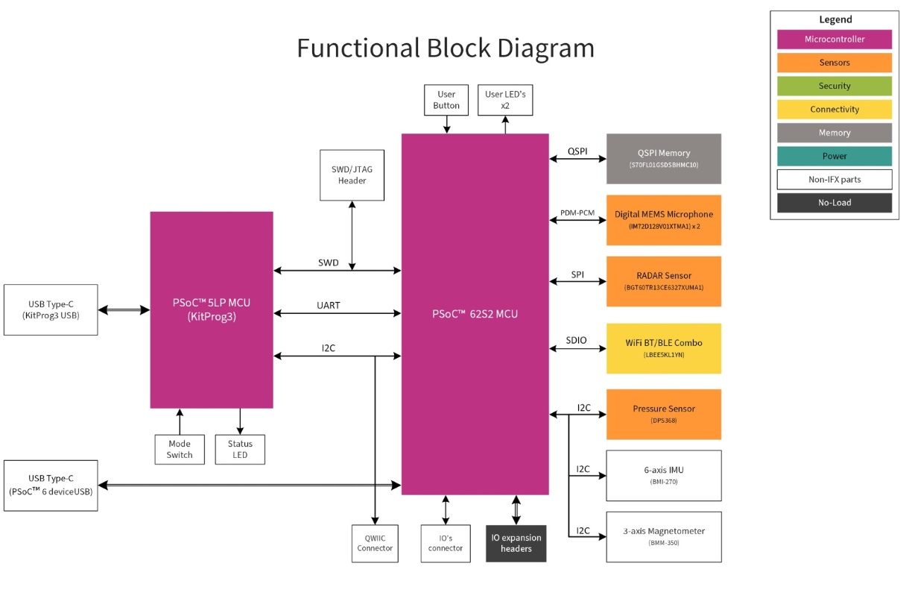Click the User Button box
pos(446,100)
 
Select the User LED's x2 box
pos(505,100)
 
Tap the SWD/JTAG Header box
pos(352,175)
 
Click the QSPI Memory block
pos(663,158)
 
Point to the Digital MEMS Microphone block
pos(663,219)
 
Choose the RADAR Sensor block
pos(663,281)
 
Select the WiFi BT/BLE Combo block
pos(663,348)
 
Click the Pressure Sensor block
pos(663,414)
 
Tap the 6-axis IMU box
pos(663,475)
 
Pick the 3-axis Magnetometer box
pos(663,536)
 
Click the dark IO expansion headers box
pos(516,543)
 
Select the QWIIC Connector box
pos(375,543)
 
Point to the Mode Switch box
pos(180,449)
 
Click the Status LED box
pos(240,449)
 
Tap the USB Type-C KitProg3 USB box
pos(51,309)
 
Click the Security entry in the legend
pos(834,86)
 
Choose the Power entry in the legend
pos(834,156)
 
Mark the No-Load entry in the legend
pos(834,203)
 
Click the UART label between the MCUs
pos(329,306)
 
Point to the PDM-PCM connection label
pos(577,213)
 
